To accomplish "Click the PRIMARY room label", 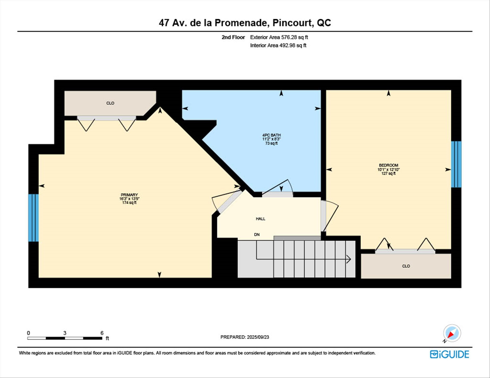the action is point(129,195).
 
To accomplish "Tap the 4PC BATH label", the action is point(272,135).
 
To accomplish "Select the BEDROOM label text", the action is point(388,165).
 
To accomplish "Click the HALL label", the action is point(261,219).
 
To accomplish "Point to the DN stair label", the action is point(257,234).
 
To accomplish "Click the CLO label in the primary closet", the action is point(110,103).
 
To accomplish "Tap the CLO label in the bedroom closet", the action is point(406,266).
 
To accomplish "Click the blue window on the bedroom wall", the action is point(456,164).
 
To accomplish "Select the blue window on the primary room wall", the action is point(33,218).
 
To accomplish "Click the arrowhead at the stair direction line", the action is point(349,259).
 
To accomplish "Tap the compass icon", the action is point(452,333).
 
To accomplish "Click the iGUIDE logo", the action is point(449,354).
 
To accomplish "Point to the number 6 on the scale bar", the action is point(102,333).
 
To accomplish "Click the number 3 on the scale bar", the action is point(65,333).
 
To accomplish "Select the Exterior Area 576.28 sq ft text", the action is point(279,37).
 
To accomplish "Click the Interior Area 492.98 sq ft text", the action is point(278,45).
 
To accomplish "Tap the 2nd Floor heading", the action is point(233,37).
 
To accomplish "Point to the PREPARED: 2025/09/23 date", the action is point(245,337).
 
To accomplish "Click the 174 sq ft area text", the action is point(129,203).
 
